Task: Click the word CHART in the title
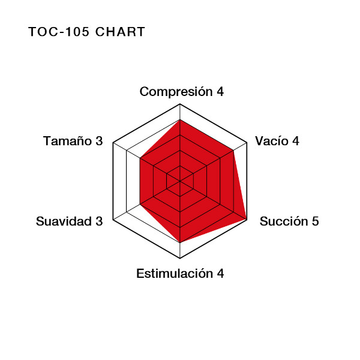(120, 32)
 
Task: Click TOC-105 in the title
(59, 32)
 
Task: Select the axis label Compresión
(176, 92)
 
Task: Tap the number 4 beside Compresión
(220, 92)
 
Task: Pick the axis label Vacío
(272, 141)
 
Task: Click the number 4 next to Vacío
(295, 141)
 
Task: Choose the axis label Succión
(284, 221)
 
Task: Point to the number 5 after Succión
(315, 221)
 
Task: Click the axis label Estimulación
(175, 274)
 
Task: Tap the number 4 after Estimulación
(220, 274)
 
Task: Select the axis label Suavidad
(64, 221)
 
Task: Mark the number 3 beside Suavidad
(99, 221)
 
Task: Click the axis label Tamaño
(67, 141)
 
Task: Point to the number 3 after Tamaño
(99, 141)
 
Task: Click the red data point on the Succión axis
(247, 220)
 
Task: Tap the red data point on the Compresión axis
(180, 119)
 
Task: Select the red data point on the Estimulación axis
(180, 242)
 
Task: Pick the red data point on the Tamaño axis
(140, 158)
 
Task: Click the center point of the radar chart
(180, 181)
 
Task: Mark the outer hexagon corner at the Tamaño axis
(113, 143)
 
